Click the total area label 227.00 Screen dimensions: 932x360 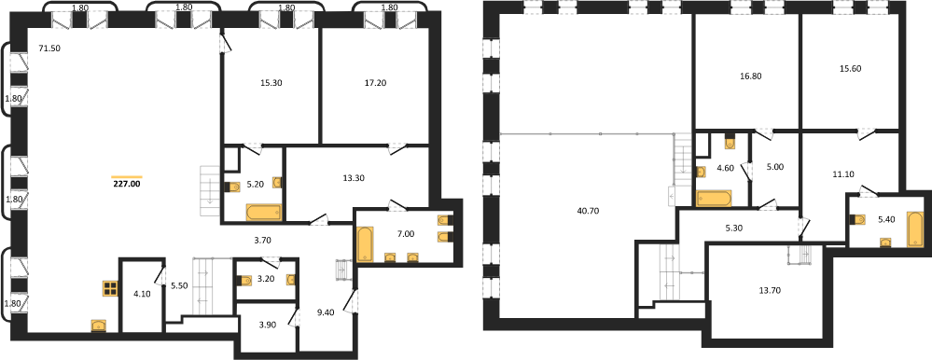[127, 184]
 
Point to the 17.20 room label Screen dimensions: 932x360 [374, 83]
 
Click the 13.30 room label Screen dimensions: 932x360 [355, 178]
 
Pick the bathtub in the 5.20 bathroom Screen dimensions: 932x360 [261, 212]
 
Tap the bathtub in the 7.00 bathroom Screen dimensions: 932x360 [364, 243]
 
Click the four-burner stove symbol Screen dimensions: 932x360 [111, 289]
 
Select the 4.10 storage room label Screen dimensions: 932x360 [142, 293]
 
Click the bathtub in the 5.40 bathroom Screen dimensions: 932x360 [914, 228]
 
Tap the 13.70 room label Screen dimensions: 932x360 [769, 290]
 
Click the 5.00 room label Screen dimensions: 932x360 [775, 167]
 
